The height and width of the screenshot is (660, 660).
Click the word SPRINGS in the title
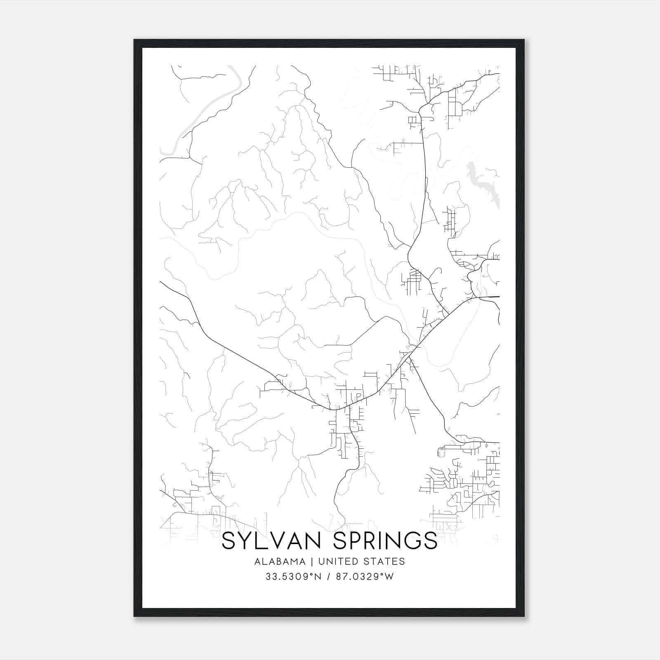(385, 541)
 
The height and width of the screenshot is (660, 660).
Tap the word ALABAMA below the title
(280, 561)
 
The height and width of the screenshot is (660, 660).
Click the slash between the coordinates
(329, 577)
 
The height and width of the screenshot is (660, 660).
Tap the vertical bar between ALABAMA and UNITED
(312, 561)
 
